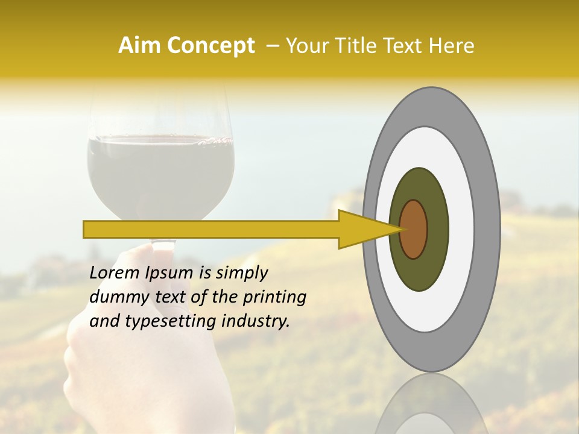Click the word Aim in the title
(x=139, y=46)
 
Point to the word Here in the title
(x=453, y=46)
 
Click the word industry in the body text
(x=255, y=321)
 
